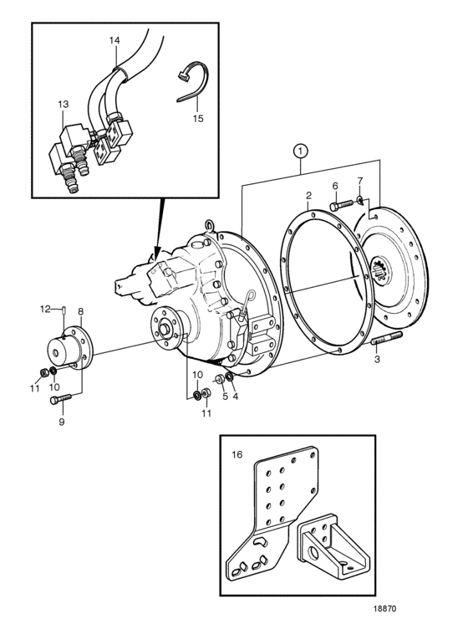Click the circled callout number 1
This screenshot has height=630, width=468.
[x=301, y=151]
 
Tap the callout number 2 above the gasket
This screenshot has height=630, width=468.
[x=308, y=196]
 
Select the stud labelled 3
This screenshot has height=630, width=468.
[x=387, y=338]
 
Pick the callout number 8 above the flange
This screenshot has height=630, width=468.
[x=81, y=311]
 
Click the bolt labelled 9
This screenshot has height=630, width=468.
[x=60, y=399]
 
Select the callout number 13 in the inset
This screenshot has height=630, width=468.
[x=63, y=105]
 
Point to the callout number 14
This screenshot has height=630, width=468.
[x=114, y=40]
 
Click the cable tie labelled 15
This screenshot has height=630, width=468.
[x=193, y=82]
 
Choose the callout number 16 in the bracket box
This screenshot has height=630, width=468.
[x=237, y=454]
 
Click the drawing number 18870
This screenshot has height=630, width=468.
[x=385, y=609]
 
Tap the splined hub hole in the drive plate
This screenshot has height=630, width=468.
[x=379, y=268]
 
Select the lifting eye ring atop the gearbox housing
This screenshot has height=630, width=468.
[x=210, y=225]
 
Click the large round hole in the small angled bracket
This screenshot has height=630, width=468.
[x=314, y=554]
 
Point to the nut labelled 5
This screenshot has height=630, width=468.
[x=220, y=379]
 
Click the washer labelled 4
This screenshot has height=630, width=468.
[x=231, y=377]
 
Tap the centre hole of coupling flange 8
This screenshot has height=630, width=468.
[x=55, y=352]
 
